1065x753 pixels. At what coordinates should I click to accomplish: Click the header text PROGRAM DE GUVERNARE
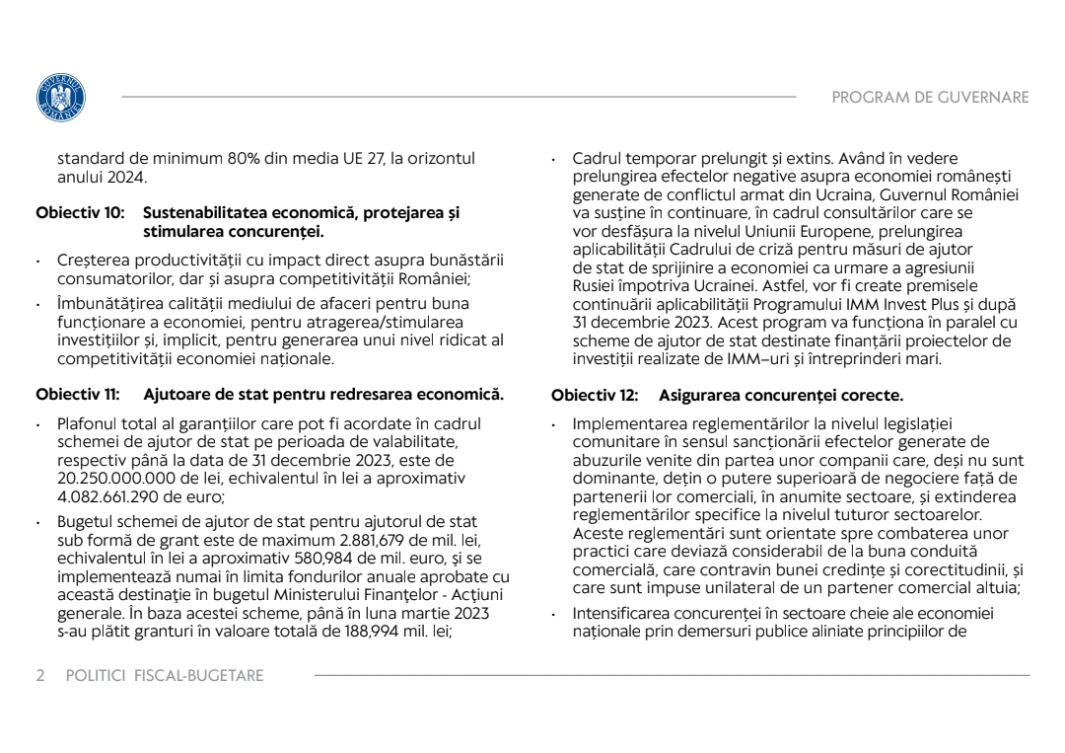pyautogui.click(x=930, y=98)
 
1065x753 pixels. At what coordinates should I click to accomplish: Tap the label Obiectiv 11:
pyautogui.click(x=78, y=396)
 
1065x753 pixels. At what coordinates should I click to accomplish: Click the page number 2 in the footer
pyautogui.click(x=40, y=676)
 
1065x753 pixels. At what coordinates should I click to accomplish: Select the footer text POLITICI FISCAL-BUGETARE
pyautogui.click(x=165, y=676)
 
